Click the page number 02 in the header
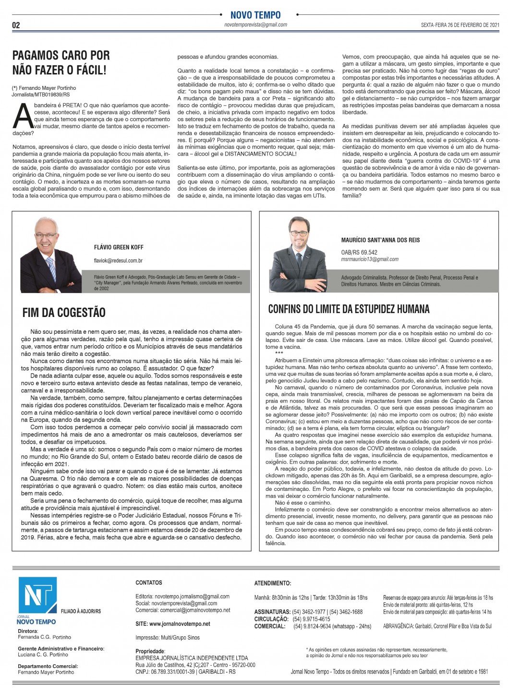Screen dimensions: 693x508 click(x=16, y=25)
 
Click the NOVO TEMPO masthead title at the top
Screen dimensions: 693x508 click(x=255, y=15)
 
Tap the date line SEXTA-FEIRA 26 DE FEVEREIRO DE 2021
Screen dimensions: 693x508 click(x=460, y=25)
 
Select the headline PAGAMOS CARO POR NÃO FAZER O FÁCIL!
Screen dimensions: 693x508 click(x=61, y=62)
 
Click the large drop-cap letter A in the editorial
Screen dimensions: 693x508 click(x=22, y=117)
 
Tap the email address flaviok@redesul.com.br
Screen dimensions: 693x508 click(x=118, y=261)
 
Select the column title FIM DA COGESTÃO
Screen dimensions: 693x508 click(x=64, y=313)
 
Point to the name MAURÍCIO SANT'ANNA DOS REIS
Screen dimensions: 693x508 click(x=380, y=240)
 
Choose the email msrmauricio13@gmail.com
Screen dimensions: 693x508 click(x=370, y=259)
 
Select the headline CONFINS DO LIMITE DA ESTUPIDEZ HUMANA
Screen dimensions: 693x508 click(x=349, y=309)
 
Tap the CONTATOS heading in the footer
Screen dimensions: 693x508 click(x=149, y=583)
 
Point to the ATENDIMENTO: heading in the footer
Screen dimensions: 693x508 click(x=272, y=583)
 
